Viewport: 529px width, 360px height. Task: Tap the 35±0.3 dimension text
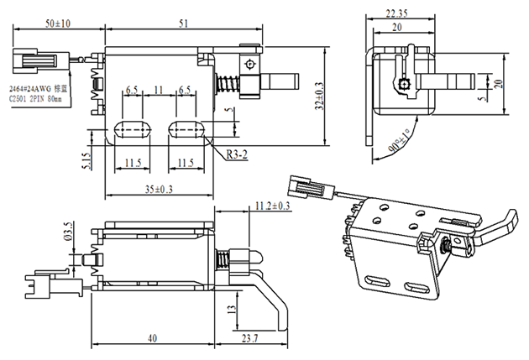point(154,188)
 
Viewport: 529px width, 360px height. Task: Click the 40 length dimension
point(152,338)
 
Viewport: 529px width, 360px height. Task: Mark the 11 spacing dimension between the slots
point(159,90)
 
